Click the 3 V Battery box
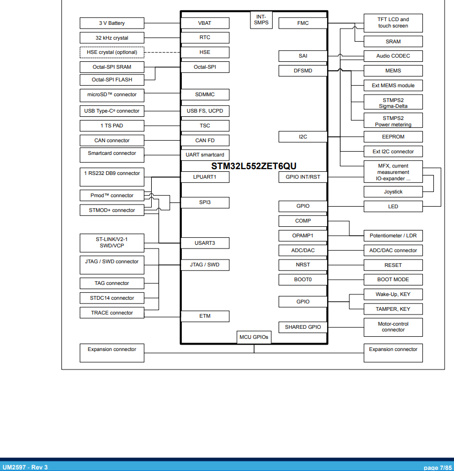pyautogui.click(x=112, y=23)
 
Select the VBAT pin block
pyautogui.click(x=205, y=23)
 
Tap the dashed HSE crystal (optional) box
pyautogui.click(x=112, y=52)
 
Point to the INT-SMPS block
pyautogui.click(x=261, y=20)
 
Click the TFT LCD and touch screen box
pyautogui.click(x=393, y=23)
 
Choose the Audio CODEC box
pyautogui.click(x=393, y=56)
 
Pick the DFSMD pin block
pyautogui.click(x=303, y=71)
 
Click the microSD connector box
pyautogui.click(x=112, y=95)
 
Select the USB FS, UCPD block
pyautogui.click(x=205, y=111)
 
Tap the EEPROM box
pyautogui.click(x=393, y=136)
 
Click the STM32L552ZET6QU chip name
pyautogui.click(x=254, y=165)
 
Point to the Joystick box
pyautogui.click(x=393, y=192)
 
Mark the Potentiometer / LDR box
pyautogui.click(x=393, y=236)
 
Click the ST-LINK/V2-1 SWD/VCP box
pyautogui.click(x=112, y=243)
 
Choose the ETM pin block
pyautogui.click(x=205, y=316)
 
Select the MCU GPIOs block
pyautogui.click(x=254, y=337)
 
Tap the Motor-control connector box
pyautogui.click(x=393, y=327)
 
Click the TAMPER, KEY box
pyautogui.click(x=393, y=309)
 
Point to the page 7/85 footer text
pyautogui.click(x=438, y=467)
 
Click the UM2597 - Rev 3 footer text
pyautogui.click(x=25, y=467)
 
